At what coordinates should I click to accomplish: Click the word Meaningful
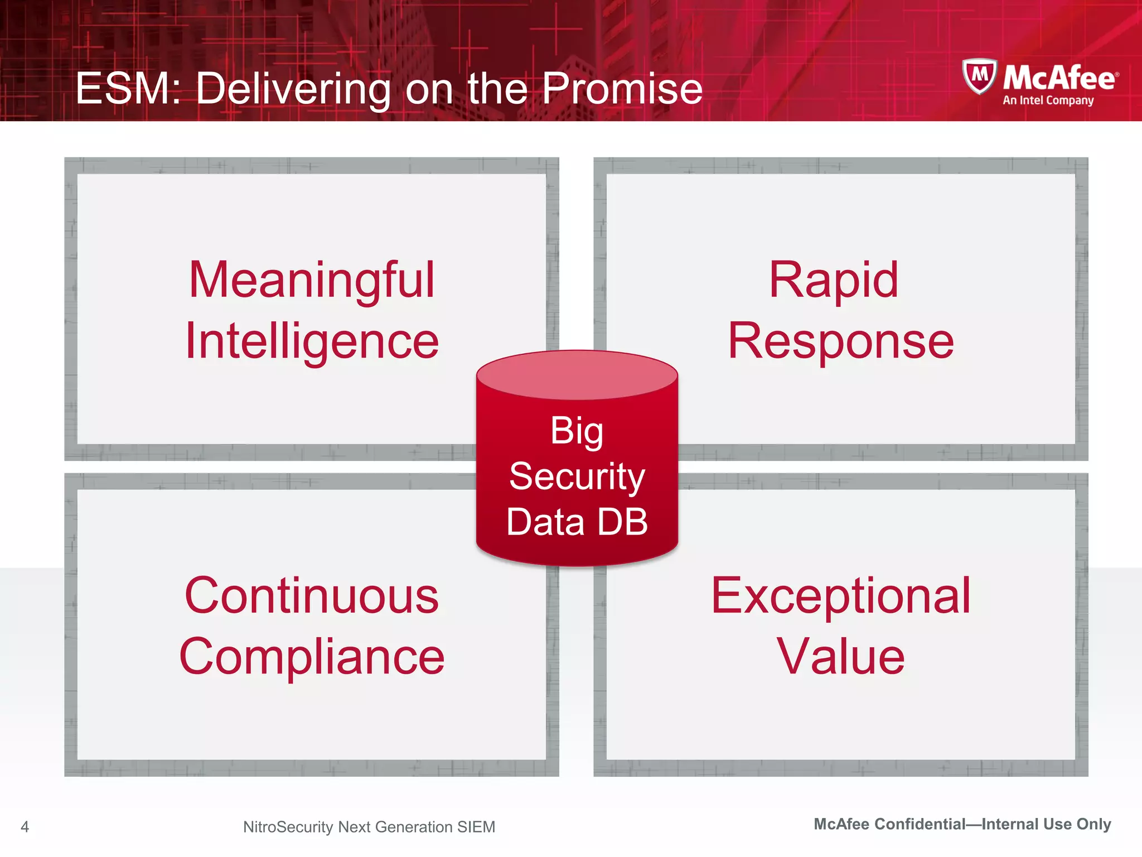[311, 281]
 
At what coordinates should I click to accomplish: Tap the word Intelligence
[312, 341]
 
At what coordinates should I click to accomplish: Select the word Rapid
[833, 280]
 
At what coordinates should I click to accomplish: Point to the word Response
[840, 341]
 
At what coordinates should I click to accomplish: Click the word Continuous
[312, 596]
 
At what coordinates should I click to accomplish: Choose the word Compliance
[312, 657]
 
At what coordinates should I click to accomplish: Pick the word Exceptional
[840, 596]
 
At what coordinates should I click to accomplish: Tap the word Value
[840, 657]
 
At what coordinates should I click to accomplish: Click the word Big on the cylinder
[577, 431]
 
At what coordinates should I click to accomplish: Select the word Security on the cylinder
[577, 476]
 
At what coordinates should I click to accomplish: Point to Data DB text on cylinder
[577, 522]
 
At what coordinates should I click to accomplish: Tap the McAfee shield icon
[979, 76]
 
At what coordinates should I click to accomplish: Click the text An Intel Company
[1048, 100]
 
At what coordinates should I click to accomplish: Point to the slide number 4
[25, 826]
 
